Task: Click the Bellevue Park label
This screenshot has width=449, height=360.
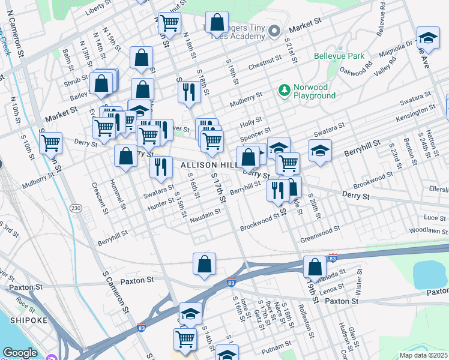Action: pos(339,56)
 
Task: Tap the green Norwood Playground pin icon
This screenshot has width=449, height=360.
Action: pos(284,91)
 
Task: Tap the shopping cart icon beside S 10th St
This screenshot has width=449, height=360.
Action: pos(51,143)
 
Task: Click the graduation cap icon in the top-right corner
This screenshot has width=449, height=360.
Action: pos(428,38)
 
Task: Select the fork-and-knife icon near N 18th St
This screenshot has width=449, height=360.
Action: pos(188,92)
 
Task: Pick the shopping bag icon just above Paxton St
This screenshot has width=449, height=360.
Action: pos(204,263)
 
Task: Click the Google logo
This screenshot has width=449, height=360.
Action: pos(20,353)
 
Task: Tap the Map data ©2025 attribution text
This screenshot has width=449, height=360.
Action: pos(423,355)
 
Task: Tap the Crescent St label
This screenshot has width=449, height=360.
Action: pos(96,198)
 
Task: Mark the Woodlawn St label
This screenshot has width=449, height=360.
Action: pos(428,230)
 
